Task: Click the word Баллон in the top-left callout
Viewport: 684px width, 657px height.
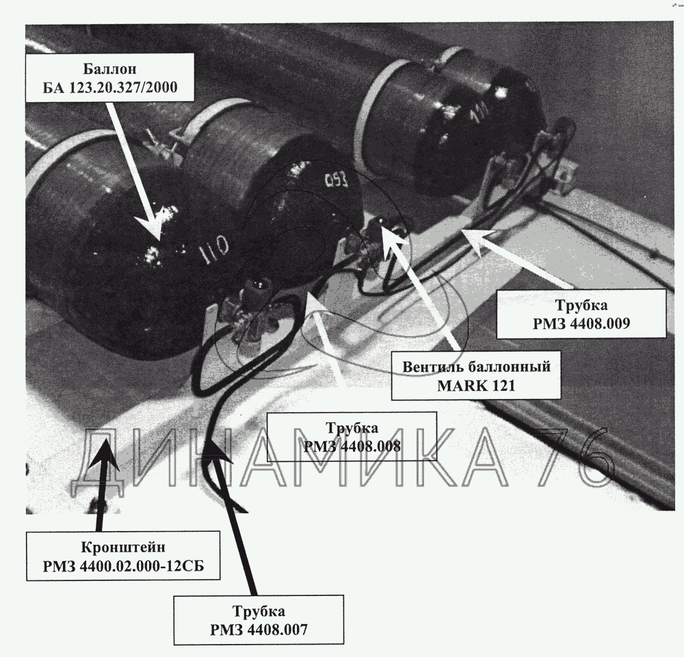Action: [110, 69]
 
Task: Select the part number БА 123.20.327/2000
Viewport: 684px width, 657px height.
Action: [110, 88]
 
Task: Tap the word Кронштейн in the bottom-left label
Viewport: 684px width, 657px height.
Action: [123, 547]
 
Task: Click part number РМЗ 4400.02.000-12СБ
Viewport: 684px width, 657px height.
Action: [123, 566]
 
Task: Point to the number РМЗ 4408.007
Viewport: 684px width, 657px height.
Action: [259, 630]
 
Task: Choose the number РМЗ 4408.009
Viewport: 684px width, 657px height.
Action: [581, 324]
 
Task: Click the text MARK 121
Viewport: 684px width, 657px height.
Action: [476, 385]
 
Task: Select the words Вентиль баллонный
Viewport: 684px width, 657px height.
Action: [476, 366]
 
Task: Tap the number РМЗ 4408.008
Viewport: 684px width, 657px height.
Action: [352, 446]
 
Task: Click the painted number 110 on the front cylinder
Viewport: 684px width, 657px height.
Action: [213, 248]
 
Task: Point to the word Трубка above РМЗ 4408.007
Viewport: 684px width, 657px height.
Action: [259, 610]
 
